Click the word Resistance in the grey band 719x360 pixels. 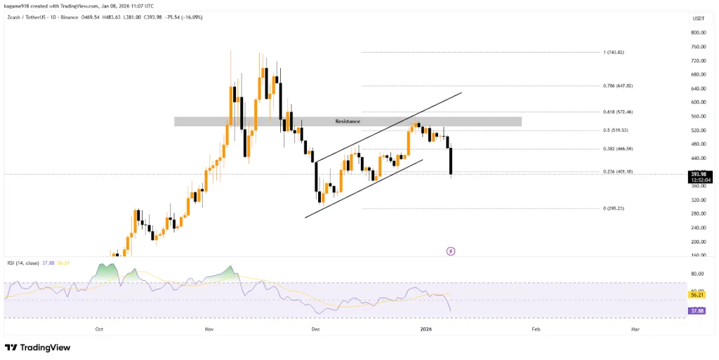[x=348, y=121]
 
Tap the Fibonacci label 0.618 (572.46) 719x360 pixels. [x=618, y=112]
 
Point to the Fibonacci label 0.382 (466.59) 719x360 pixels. [x=618, y=149]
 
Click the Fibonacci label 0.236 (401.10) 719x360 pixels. [x=618, y=171]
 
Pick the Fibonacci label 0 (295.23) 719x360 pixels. [x=614, y=208]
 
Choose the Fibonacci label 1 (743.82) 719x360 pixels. [x=614, y=52]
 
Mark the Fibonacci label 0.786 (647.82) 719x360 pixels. [x=618, y=86]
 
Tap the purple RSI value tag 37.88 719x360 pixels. [x=697, y=309]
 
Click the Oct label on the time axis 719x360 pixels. [x=99, y=328]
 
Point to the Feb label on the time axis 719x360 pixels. [x=536, y=328]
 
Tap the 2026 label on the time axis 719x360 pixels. [x=426, y=328]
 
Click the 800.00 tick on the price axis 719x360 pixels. [x=698, y=32]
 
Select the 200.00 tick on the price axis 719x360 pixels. [x=698, y=241]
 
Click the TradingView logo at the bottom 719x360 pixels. [x=38, y=347]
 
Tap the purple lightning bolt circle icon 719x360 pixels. [x=451, y=251]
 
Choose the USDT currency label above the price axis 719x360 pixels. [x=697, y=18]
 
